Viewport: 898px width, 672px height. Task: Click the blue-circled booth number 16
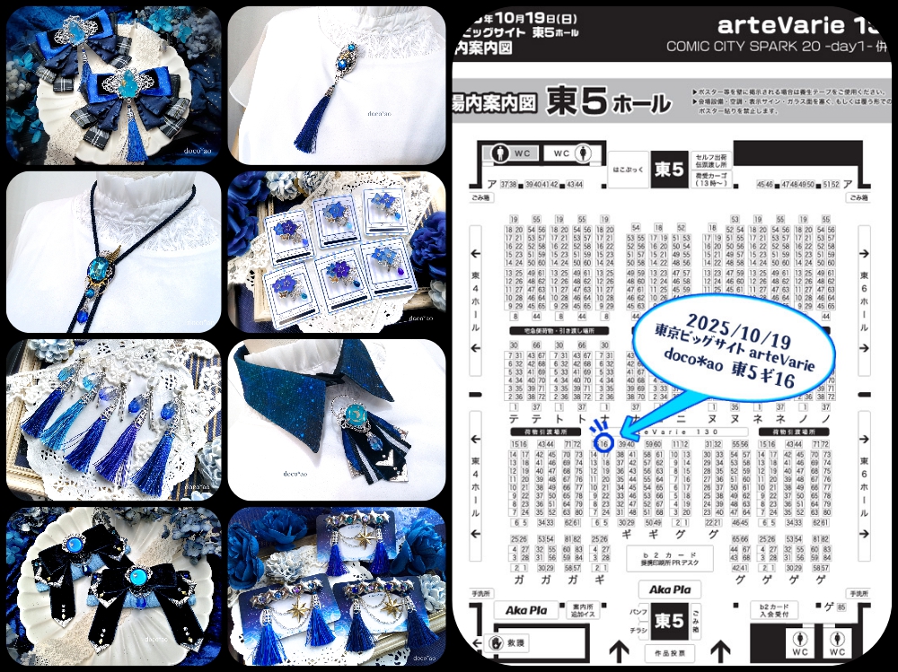coord(604,443)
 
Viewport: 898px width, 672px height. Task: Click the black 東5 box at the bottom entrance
coord(668,620)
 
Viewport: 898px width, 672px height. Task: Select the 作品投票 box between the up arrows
coord(669,654)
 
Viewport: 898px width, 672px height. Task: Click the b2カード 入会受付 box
coord(774,611)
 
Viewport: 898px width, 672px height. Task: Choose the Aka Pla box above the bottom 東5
coord(668,590)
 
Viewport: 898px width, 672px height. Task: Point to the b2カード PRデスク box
coord(669,557)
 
